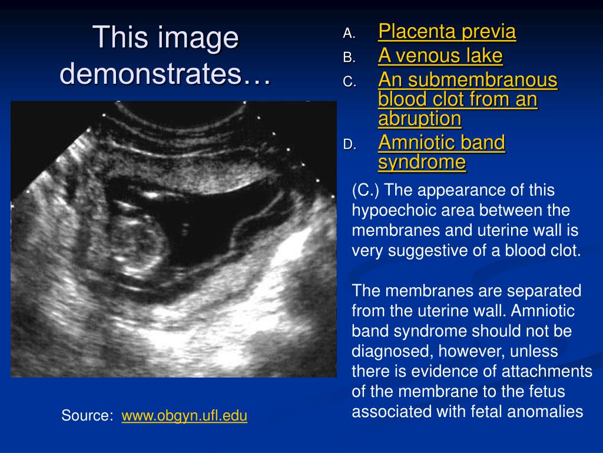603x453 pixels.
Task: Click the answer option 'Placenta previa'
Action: [x=447, y=32]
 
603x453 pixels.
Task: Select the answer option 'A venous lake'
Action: [x=440, y=56]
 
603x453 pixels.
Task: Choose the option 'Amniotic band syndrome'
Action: [x=442, y=152]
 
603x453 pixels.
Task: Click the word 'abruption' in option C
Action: [x=419, y=119]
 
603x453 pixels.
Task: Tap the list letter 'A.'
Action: [x=349, y=34]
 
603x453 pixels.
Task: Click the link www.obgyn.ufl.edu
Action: [x=184, y=416]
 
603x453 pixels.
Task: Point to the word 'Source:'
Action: [x=87, y=416]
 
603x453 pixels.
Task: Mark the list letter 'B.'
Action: [x=349, y=58]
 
